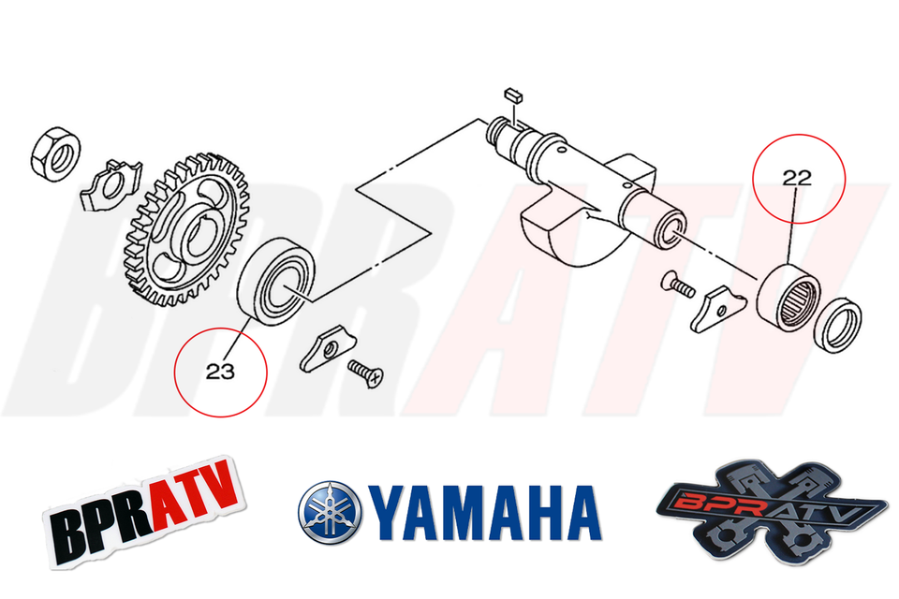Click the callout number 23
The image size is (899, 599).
[x=220, y=372]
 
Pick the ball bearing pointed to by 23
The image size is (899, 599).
[x=279, y=277]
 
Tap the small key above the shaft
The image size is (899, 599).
[x=510, y=94]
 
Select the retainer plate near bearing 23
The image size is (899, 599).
[x=325, y=348]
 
